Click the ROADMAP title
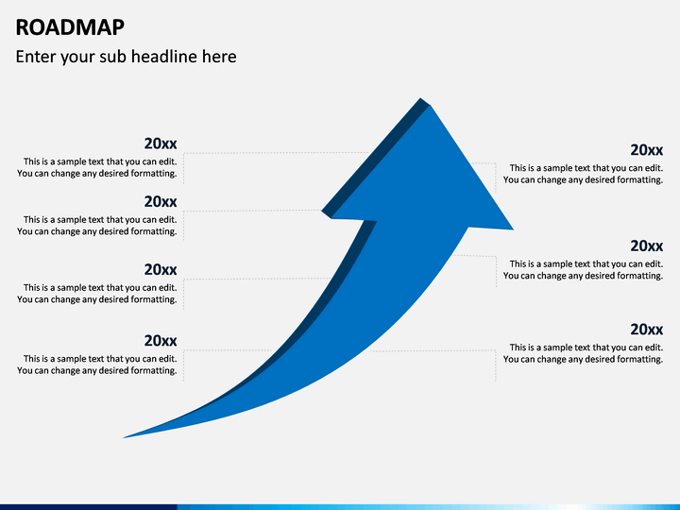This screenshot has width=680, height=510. pyautogui.click(x=70, y=27)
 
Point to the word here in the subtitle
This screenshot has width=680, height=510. pyautogui.click(x=219, y=57)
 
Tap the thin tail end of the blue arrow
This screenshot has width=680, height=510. pyautogui.click(x=124, y=437)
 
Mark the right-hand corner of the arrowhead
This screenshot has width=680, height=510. pyautogui.click(x=513, y=229)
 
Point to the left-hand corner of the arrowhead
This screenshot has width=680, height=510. pyautogui.click(x=322, y=212)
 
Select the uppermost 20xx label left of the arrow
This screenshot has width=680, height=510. pyautogui.click(x=161, y=144)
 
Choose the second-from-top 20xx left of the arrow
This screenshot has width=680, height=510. pyautogui.click(x=161, y=202)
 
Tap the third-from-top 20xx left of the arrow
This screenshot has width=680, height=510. pyautogui.click(x=161, y=270)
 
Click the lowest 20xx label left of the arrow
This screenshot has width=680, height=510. pyautogui.click(x=161, y=341)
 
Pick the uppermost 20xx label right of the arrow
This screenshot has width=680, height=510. pyautogui.click(x=647, y=150)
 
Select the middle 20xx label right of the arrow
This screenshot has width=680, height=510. pyautogui.click(x=647, y=246)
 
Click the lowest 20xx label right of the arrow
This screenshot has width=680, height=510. pyautogui.click(x=647, y=330)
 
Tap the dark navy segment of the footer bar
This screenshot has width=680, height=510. pyautogui.click(x=89, y=507)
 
